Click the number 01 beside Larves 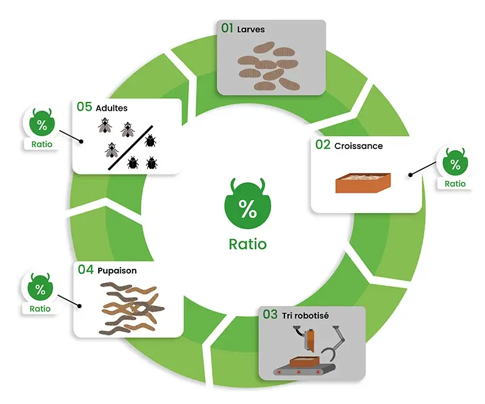(227, 29)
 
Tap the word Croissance (358, 146)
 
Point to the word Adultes (112, 108)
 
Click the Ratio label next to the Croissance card (455, 184)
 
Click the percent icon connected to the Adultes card (41, 125)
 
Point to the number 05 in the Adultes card (84, 107)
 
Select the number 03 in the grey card (270, 314)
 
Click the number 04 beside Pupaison (85, 270)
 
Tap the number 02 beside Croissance (323, 145)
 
